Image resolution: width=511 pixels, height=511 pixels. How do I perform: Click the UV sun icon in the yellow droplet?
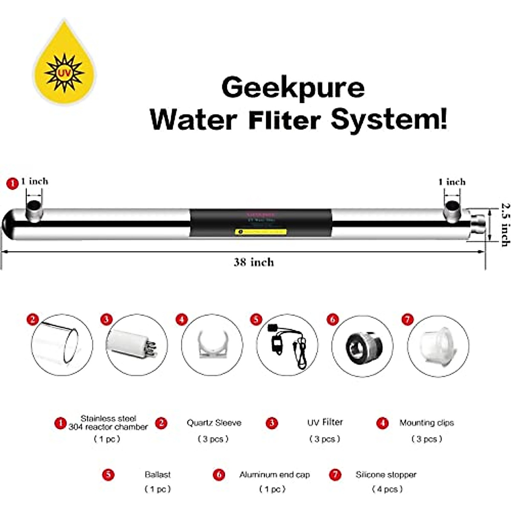(x=64, y=73)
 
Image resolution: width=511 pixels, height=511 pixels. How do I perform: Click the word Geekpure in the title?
(x=293, y=88)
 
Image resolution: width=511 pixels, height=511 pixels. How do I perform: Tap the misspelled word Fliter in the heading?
(x=284, y=120)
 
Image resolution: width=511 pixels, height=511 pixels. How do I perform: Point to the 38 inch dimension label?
(x=254, y=262)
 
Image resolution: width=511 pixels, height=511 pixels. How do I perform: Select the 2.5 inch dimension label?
(x=505, y=224)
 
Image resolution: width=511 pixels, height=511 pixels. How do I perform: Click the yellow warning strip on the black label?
(x=261, y=232)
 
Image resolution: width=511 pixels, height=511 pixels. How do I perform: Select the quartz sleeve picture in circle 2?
(x=62, y=345)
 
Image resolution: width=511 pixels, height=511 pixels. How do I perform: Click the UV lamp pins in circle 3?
(x=150, y=346)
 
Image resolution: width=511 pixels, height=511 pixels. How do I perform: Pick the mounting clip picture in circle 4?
(x=212, y=345)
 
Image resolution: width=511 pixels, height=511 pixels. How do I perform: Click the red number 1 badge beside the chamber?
(x=13, y=184)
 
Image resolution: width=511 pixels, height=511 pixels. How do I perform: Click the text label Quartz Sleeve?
(x=214, y=423)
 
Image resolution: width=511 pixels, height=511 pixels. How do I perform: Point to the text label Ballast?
(x=158, y=474)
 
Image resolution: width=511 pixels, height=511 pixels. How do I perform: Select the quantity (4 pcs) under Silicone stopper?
(x=387, y=489)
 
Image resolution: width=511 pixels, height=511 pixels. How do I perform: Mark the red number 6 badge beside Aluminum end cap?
(x=219, y=474)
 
